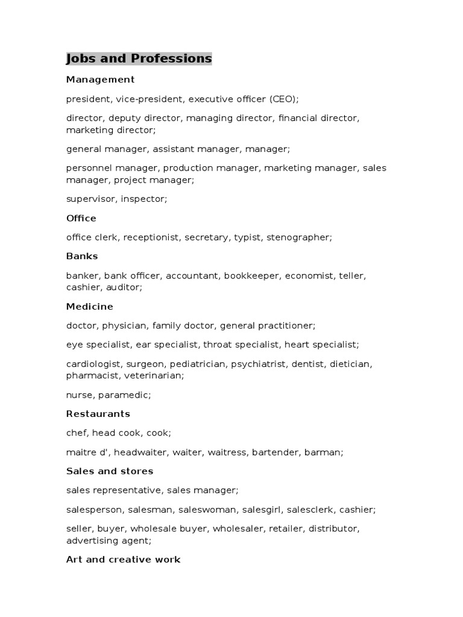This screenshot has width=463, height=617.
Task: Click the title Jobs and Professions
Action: coord(139,58)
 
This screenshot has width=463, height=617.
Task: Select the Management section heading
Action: coord(100,80)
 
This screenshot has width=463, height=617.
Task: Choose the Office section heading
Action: coord(81,218)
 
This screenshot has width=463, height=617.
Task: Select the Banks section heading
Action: coord(82,256)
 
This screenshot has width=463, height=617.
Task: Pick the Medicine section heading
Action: coord(89,307)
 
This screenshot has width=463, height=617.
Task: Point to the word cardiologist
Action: coord(93,364)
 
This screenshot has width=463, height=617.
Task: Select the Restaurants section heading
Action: coord(98,414)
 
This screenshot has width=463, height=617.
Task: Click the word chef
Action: coord(76,433)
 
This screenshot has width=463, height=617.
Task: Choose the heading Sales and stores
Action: coord(109,471)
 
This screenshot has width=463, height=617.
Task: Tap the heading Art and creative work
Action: coord(123,560)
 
